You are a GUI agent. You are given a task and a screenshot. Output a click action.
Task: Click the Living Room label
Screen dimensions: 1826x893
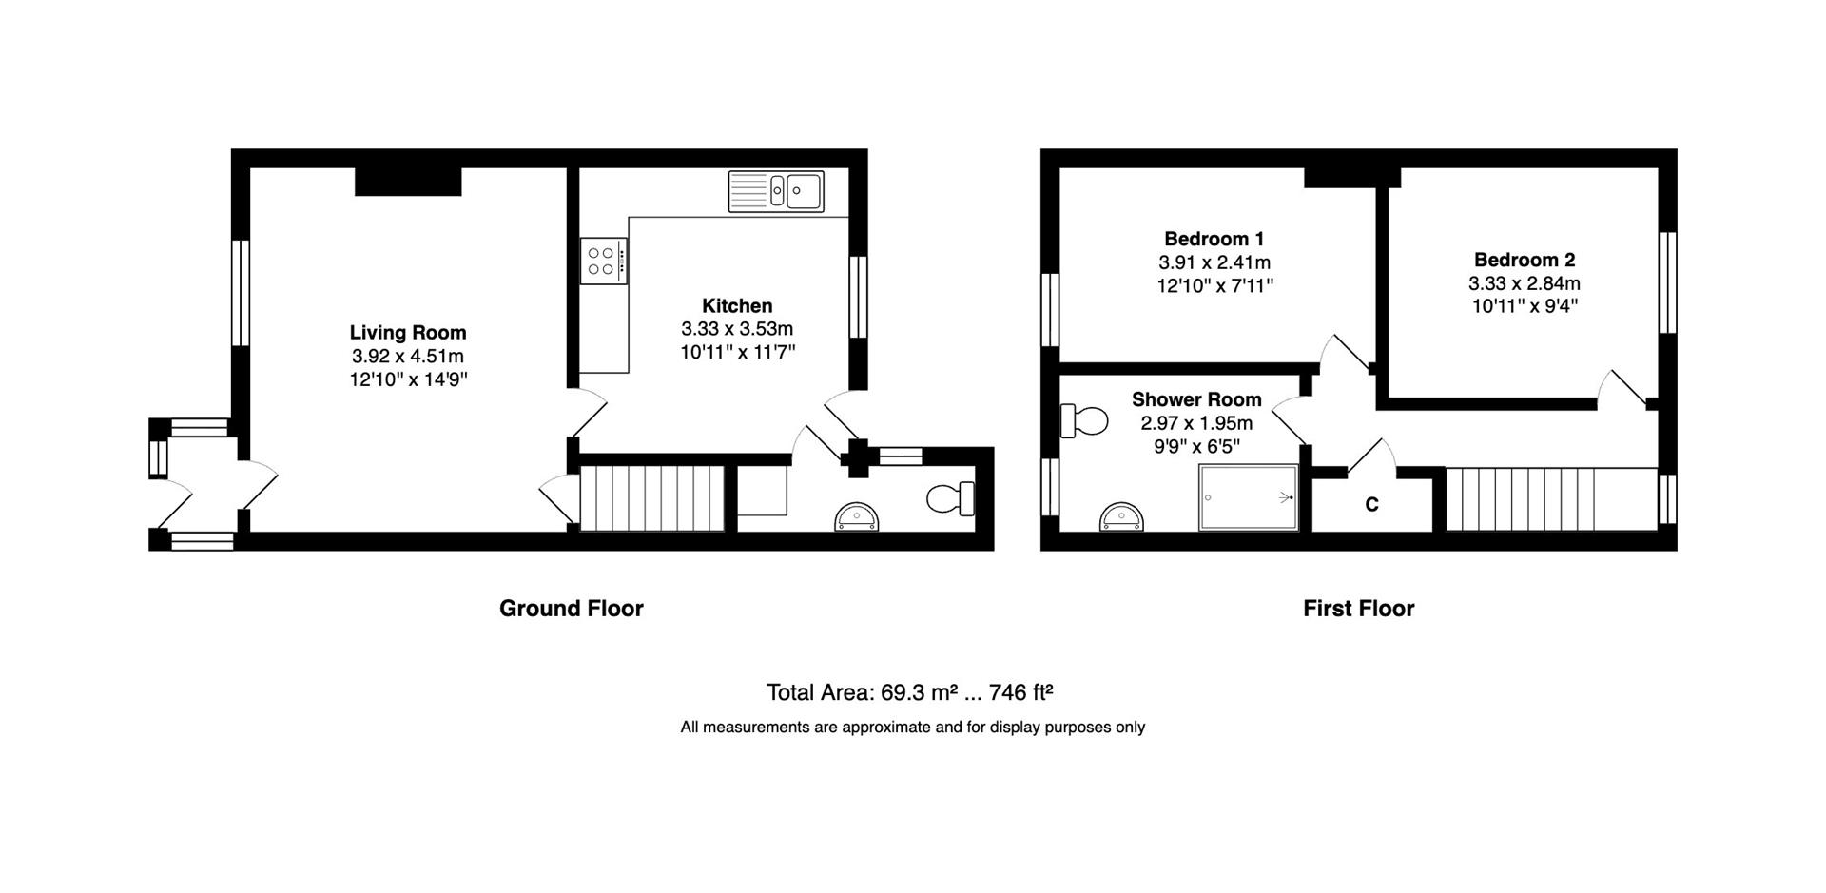[407, 333]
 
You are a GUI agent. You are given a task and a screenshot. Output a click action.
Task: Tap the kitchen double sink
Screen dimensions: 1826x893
[776, 191]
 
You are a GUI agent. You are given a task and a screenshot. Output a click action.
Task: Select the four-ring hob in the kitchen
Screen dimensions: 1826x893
[604, 261]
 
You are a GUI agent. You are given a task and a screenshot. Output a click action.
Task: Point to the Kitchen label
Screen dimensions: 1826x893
[737, 306]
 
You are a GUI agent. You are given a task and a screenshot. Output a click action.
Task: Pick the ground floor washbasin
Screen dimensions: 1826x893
[860, 516]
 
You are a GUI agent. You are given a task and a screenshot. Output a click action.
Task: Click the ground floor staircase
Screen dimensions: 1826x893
[652, 498]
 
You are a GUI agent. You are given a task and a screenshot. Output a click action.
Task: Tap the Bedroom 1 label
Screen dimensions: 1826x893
[1214, 239]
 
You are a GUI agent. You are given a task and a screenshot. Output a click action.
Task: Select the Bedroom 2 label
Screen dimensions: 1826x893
[1525, 260]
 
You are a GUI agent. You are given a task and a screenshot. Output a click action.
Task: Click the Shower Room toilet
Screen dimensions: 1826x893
[1084, 420]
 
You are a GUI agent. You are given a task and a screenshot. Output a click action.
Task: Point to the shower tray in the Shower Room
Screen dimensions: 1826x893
[1248, 497]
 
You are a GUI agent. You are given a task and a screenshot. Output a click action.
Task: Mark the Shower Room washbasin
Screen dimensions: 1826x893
[1123, 517]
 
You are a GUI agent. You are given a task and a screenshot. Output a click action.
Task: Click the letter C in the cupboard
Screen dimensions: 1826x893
[1371, 505]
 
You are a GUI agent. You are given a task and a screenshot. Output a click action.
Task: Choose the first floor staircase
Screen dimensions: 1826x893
[1552, 499]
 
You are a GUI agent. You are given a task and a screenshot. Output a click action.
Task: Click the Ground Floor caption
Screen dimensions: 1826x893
[572, 609]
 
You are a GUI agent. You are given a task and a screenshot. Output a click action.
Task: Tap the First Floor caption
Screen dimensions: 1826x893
[1359, 609]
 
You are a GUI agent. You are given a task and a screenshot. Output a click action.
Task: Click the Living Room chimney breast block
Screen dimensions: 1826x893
[408, 182]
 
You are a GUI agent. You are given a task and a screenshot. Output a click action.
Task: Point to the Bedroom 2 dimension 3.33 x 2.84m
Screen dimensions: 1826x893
[1525, 283]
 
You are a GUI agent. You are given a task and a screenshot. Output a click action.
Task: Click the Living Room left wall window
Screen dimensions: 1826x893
[241, 292]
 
